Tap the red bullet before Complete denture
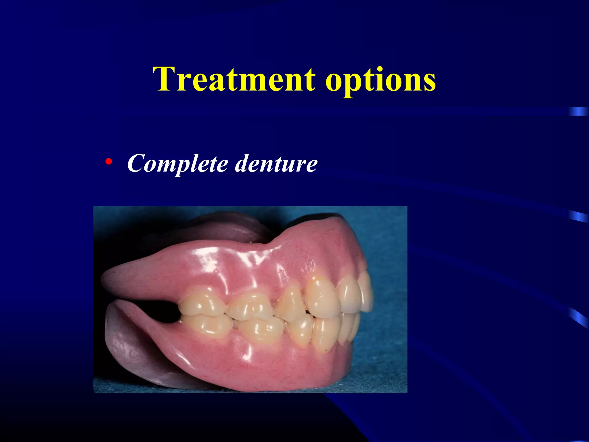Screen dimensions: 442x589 [x=108, y=161]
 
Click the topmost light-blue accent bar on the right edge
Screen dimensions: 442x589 [x=579, y=111]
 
